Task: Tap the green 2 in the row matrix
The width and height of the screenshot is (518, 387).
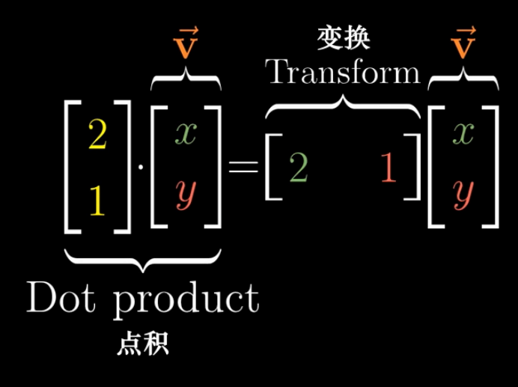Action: [298, 171]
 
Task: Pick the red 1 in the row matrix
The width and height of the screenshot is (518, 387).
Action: [388, 171]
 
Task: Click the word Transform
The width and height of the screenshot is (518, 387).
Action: [343, 72]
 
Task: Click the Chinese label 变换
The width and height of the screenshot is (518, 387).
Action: [343, 40]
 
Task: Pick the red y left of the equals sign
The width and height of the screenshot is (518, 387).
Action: [186, 196]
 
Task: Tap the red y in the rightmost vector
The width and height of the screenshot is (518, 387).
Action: [464, 196]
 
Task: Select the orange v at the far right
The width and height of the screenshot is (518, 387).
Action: [464, 43]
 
